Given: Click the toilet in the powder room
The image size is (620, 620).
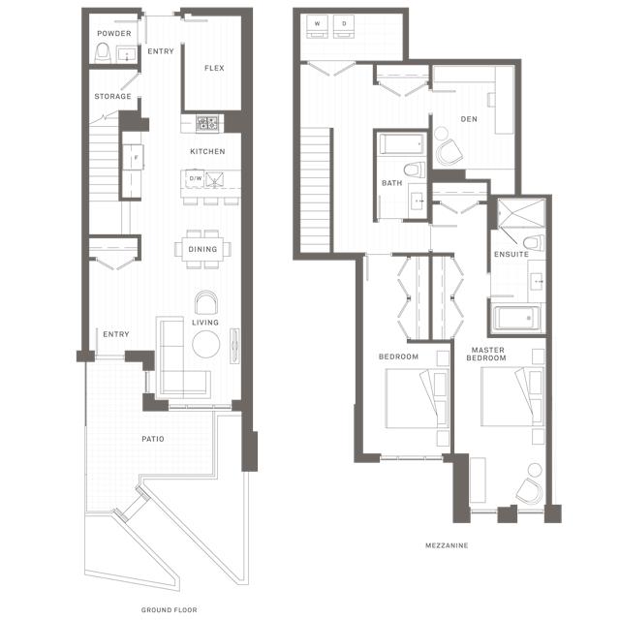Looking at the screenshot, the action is pos(103,53).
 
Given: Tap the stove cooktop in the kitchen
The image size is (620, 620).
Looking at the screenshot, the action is pos(207,123).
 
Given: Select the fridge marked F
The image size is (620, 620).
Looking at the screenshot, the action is pos(133,157).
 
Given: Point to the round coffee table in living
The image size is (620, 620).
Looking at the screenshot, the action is pos(206,345).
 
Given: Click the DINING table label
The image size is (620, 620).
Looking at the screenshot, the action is pos(202,249).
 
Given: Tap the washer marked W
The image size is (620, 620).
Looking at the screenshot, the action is pos(317,26).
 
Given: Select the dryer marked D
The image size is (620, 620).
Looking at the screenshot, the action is pos(344,26).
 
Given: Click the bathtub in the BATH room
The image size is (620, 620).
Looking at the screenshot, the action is pos(401,144).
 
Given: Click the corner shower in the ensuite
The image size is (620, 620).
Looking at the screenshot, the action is pos(521,213).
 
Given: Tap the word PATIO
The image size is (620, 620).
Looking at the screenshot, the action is pos(153,439).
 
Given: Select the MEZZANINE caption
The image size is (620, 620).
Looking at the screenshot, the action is pos(447,545).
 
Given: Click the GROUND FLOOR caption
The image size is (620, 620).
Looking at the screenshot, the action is pos(170,610).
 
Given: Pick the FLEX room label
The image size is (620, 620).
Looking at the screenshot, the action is pos(214,68).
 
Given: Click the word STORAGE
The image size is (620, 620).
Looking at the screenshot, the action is pos(112,96).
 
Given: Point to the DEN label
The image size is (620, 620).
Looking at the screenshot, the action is pos(469,119).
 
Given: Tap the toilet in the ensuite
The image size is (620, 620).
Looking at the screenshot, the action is pos(534,242).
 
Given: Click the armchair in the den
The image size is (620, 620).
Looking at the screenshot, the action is pos(449,153).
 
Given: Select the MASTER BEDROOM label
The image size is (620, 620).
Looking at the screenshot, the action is pos(486,354).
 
